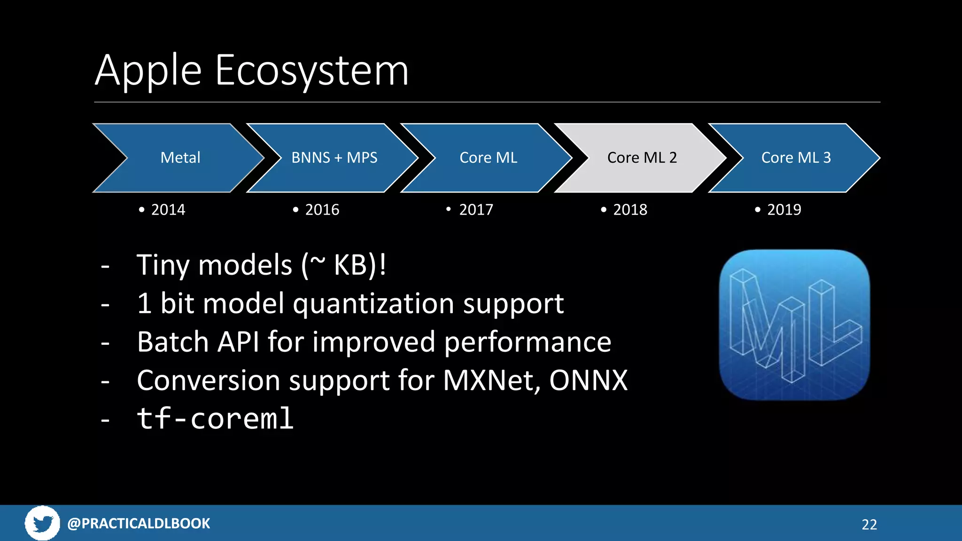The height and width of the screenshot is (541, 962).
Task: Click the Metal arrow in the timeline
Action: click(180, 158)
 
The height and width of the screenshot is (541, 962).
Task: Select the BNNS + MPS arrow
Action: click(334, 158)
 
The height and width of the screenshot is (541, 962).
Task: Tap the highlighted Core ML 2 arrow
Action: click(642, 158)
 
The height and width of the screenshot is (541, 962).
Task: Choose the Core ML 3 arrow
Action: click(796, 158)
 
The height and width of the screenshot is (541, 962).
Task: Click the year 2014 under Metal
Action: click(168, 209)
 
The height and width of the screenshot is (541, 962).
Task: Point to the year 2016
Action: click(322, 209)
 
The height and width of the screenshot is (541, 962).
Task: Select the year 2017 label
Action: click(476, 209)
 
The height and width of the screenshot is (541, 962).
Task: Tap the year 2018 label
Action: click(630, 209)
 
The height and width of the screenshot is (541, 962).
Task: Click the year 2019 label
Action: click(784, 209)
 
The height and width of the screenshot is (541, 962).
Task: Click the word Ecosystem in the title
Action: click(312, 70)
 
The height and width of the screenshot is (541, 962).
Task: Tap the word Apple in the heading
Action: click(148, 70)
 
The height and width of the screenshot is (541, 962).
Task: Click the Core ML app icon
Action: click(794, 325)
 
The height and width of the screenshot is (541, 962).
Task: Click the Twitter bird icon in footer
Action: click(42, 523)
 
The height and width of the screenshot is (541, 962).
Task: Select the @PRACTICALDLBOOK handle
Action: click(139, 523)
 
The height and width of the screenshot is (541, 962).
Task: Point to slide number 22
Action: click(869, 525)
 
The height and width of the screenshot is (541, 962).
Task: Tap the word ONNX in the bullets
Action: click(588, 380)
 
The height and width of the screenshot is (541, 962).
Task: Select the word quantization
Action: click(373, 303)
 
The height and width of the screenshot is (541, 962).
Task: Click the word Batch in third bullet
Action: click(173, 341)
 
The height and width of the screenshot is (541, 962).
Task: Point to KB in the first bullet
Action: click(350, 265)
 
